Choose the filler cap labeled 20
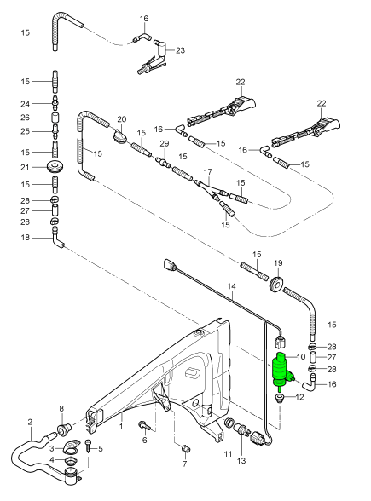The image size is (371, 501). pos(120,135)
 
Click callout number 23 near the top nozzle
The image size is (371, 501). pos(180,51)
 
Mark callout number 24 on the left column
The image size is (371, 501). pos(25,103)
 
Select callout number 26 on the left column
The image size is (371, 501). pos(25,118)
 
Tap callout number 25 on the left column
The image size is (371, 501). pos(25,132)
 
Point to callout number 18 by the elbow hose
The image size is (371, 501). pos(25,239)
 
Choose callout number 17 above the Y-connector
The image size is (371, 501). pos(206,171)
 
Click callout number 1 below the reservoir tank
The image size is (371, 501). pos(121,424)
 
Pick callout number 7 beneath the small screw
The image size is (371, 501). pos(184,464)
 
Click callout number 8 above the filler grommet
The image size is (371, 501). pos(61,409)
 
